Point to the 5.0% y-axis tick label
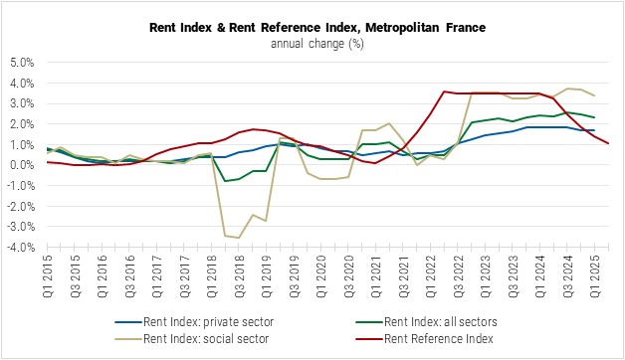coord(22,62)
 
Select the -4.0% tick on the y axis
coord(21,248)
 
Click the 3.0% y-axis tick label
coord(22,103)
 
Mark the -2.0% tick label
coord(21,207)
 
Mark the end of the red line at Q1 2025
coord(608,143)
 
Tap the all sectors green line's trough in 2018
coord(226,181)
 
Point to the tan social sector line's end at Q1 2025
coord(595,95)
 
